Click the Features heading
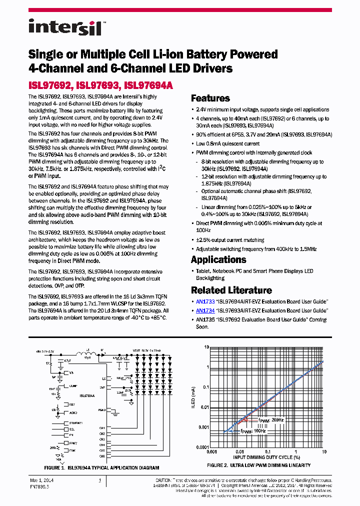210,98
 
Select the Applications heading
218,259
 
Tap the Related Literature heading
231,290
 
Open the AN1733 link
205,301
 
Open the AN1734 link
205,310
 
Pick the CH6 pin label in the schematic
101,456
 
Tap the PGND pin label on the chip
102,409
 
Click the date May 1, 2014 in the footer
41,480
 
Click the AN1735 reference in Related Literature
205,319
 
